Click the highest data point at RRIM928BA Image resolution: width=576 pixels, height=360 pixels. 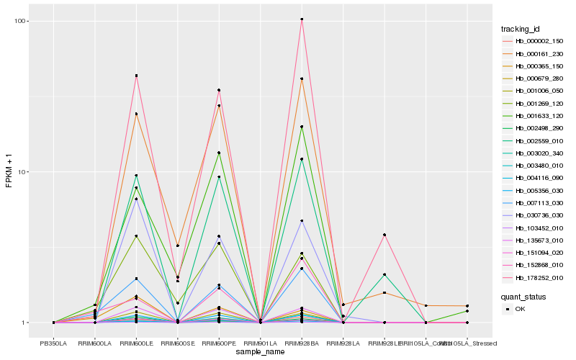point(302,19)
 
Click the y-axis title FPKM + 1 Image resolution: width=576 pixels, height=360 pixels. point(9,171)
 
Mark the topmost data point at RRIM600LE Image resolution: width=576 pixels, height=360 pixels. point(136,76)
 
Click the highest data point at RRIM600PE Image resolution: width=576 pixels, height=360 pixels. point(219,90)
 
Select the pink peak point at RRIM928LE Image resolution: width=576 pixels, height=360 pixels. point(384,235)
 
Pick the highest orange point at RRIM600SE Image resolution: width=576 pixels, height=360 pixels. point(177,246)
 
